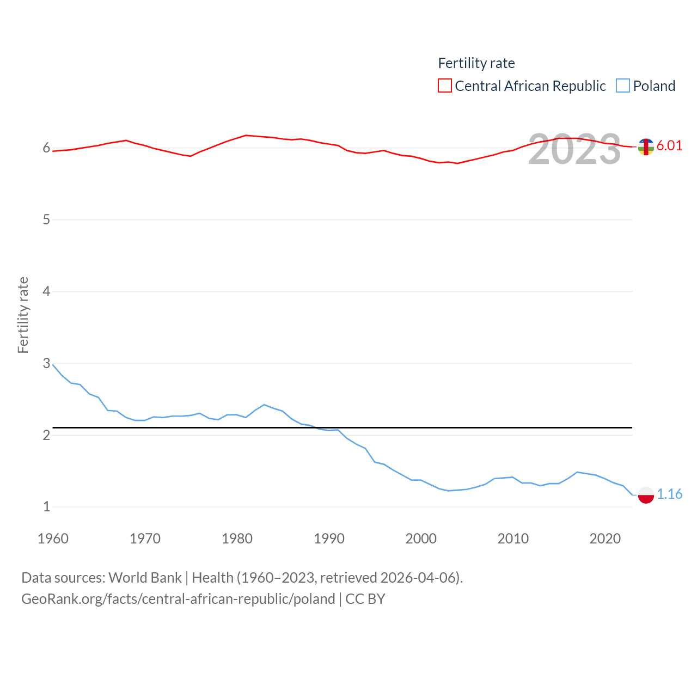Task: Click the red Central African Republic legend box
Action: (445, 86)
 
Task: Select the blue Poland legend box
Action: (623, 86)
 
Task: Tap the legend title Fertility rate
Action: (476, 63)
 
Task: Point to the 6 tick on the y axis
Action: (46, 148)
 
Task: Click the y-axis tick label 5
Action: (46, 219)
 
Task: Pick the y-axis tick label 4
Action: (46, 291)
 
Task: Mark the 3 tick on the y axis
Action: (46, 363)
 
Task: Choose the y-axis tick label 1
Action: (46, 506)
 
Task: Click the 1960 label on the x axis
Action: (53, 539)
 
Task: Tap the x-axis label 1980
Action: (237, 539)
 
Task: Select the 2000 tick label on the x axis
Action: (421, 539)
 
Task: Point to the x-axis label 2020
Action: (605, 539)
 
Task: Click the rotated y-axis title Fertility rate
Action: (23, 315)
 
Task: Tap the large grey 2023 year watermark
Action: (574, 149)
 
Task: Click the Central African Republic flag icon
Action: (646, 146)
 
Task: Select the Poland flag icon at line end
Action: (646, 495)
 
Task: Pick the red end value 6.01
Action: (669, 145)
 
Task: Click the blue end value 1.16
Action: (669, 494)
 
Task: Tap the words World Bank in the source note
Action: (145, 577)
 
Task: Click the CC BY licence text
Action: (365, 599)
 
